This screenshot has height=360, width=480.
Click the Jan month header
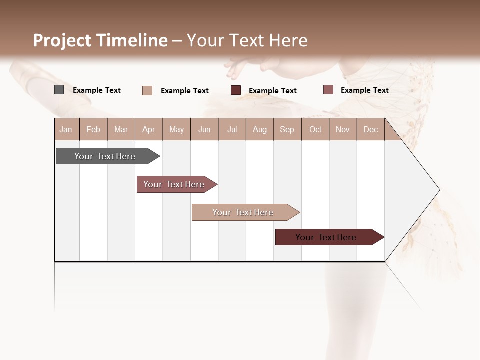66,130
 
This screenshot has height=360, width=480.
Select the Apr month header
148,130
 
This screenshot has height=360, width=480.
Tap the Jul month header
232,130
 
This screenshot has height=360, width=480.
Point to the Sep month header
287,130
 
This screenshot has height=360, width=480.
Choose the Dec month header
370,130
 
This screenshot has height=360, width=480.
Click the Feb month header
93,130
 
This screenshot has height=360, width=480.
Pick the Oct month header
315,130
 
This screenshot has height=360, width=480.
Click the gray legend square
59,90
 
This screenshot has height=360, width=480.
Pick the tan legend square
147,90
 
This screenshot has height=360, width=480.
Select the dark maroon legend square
236,90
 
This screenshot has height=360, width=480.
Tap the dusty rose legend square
328,90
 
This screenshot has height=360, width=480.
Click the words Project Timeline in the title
100,40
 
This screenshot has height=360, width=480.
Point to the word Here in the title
288,40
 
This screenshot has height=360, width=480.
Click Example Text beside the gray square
97,90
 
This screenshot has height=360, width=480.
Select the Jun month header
204,130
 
